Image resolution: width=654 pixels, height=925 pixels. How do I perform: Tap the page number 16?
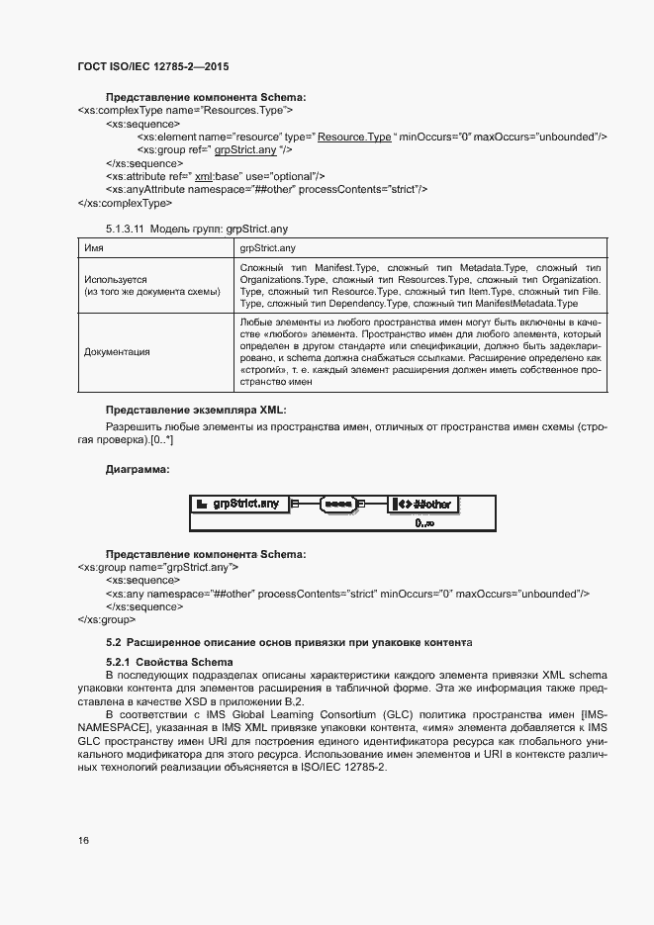[83, 840]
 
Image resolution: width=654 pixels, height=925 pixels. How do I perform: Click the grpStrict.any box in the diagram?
[240, 505]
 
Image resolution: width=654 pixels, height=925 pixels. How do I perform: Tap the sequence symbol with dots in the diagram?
[338, 505]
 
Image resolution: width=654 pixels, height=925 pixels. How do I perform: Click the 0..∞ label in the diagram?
[424, 521]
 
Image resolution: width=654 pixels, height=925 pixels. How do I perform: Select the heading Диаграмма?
[138, 470]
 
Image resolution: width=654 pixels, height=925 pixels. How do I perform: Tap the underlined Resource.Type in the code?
[354, 136]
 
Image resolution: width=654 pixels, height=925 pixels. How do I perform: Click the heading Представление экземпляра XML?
[196, 410]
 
